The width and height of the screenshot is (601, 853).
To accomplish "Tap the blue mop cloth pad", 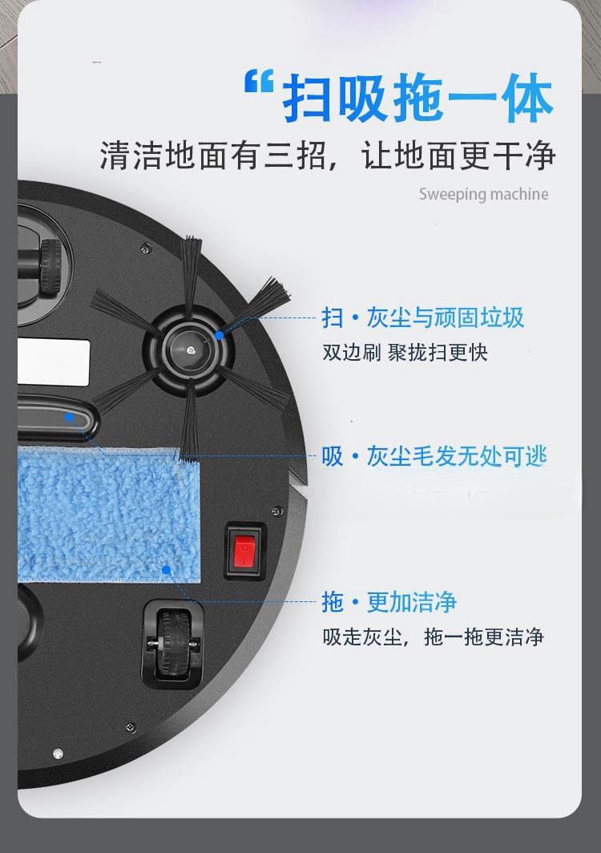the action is (109, 514).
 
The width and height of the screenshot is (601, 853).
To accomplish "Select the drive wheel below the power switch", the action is (173, 644).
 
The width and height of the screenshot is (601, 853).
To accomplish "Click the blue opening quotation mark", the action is (259, 81).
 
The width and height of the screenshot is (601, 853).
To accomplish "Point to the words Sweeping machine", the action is (483, 194).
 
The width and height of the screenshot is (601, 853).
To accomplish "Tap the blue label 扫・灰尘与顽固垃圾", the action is (422, 317).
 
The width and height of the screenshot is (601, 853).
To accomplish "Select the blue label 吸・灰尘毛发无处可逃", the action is (434, 456).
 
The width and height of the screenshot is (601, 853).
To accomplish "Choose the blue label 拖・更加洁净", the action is (389, 601).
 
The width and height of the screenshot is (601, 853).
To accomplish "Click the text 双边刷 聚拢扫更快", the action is (405, 352).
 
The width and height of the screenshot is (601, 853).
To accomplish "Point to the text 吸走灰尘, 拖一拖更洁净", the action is (433, 637).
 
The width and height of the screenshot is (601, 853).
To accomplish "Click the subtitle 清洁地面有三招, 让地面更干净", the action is (328, 155).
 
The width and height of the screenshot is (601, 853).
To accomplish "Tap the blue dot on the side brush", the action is (219, 335).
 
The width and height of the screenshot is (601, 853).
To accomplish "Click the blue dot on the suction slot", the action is (69, 417).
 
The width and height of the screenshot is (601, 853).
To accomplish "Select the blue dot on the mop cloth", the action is (167, 569).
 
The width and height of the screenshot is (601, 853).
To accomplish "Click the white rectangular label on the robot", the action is (54, 362).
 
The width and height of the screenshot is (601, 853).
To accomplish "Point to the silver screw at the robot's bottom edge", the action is (58, 754).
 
